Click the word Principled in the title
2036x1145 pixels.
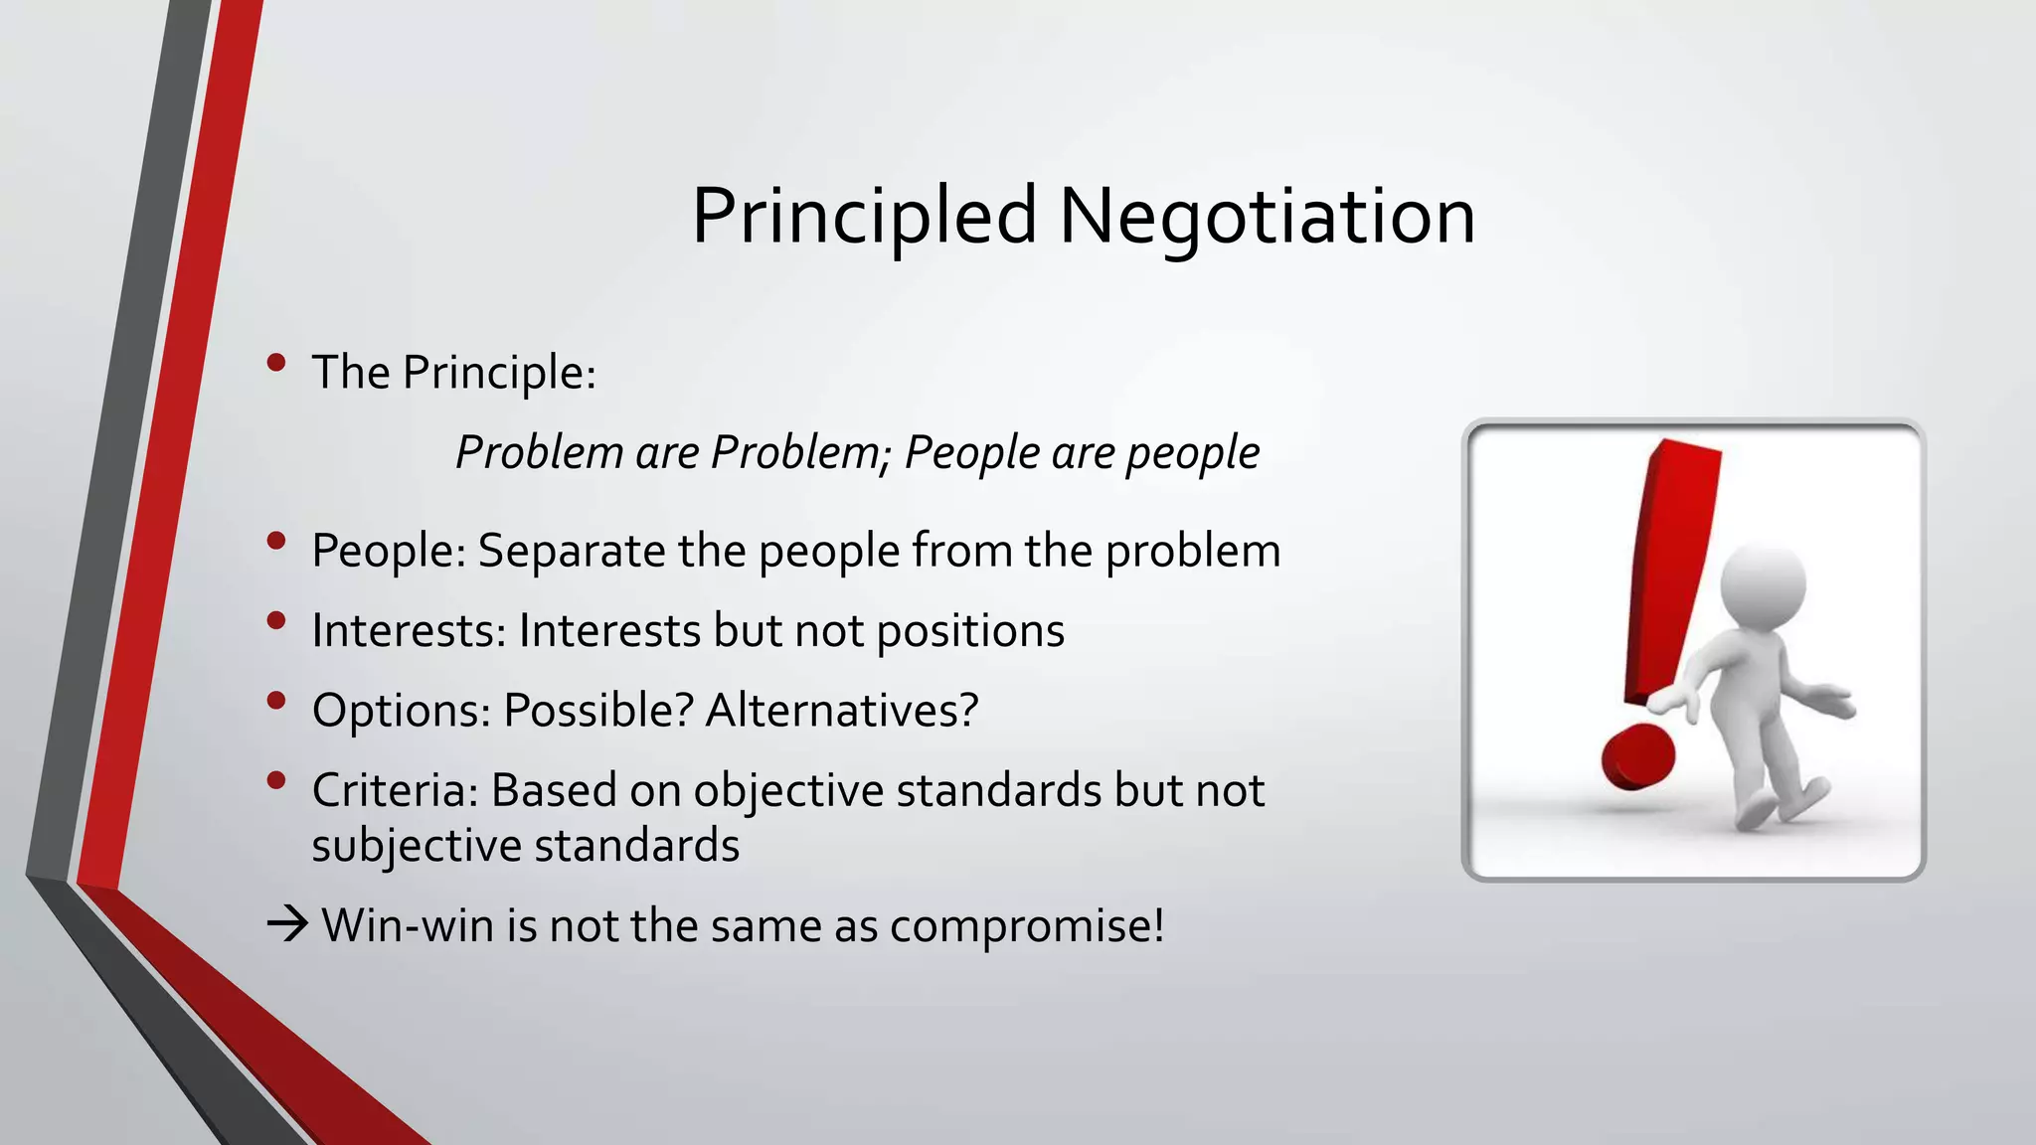pos(864,217)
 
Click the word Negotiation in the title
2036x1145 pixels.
pos(1267,217)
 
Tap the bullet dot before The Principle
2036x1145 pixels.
pos(276,363)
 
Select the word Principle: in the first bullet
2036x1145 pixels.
pos(499,374)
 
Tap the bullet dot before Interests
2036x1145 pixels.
pos(276,621)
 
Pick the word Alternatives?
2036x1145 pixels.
pos(842,711)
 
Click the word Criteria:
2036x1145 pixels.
pos(396,791)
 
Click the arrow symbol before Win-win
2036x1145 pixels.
pos(288,925)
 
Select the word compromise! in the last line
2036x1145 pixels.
pos(1027,927)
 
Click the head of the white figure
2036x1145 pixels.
pos(1762,586)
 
